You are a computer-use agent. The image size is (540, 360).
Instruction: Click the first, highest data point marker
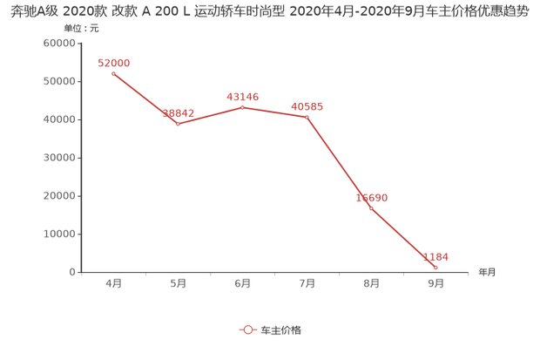[113, 74]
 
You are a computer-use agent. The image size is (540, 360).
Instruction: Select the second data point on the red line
[178, 124]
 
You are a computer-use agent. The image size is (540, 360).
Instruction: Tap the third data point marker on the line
[241, 106]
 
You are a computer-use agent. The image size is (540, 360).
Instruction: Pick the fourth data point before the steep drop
[306, 116]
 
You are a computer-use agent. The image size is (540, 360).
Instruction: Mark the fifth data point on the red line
[371, 207]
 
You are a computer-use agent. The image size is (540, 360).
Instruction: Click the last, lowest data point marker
[435, 267]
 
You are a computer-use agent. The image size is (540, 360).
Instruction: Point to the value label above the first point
[113, 63]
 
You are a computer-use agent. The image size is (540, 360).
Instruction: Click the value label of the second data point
[178, 112]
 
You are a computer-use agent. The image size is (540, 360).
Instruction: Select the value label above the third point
[241, 95]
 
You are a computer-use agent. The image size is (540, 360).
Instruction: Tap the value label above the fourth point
[306, 105]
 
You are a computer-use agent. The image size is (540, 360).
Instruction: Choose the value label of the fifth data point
[372, 197]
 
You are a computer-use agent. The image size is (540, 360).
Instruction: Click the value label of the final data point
[435, 256]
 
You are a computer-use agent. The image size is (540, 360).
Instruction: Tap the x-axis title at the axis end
[486, 272]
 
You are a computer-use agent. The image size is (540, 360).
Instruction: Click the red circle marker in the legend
[248, 329]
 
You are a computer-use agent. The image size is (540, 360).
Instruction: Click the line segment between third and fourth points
[273, 111]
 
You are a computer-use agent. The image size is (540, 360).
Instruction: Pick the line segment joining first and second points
[145, 98]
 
